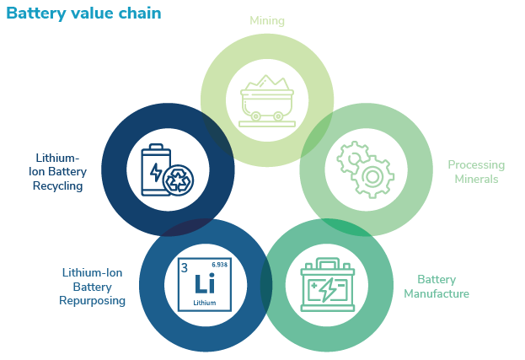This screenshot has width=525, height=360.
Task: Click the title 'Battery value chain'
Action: click(x=83, y=14)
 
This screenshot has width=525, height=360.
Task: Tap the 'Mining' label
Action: click(x=266, y=20)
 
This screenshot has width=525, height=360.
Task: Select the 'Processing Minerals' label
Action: click(x=476, y=172)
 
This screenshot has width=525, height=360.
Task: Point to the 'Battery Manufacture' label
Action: click(x=436, y=287)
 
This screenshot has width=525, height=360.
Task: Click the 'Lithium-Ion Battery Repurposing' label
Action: click(x=94, y=287)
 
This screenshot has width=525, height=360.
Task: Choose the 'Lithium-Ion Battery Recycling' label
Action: click(x=60, y=172)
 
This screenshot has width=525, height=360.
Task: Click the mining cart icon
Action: click(x=266, y=99)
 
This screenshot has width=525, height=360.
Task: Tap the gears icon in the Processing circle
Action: click(x=365, y=169)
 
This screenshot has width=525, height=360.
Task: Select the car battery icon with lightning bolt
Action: click(x=328, y=284)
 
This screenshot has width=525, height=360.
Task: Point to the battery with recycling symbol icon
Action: click(x=167, y=170)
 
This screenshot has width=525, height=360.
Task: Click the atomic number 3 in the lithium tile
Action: click(x=185, y=268)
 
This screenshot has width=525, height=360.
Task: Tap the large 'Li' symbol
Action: click(x=205, y=284)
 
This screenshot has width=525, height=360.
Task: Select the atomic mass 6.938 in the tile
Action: click(x=219, y=265)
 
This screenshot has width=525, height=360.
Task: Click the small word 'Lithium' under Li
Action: click(x=205, y=301)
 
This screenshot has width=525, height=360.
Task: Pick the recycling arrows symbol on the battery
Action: click(x=179, y=180)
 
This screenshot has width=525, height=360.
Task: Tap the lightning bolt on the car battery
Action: click(x=328, y=290)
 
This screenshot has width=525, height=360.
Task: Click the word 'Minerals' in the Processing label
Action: click(x=476, y=179)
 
